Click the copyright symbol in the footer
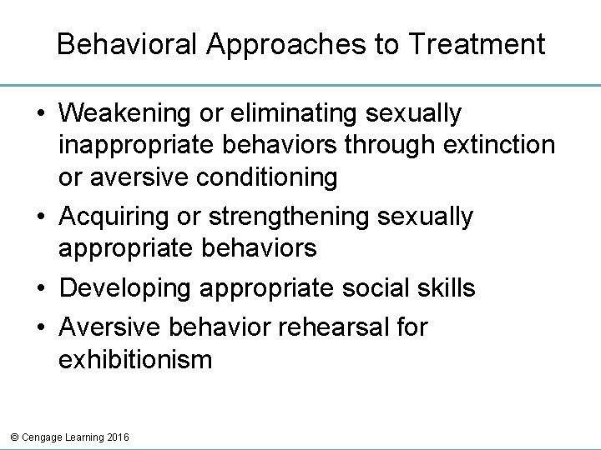[x=10, y=437]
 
